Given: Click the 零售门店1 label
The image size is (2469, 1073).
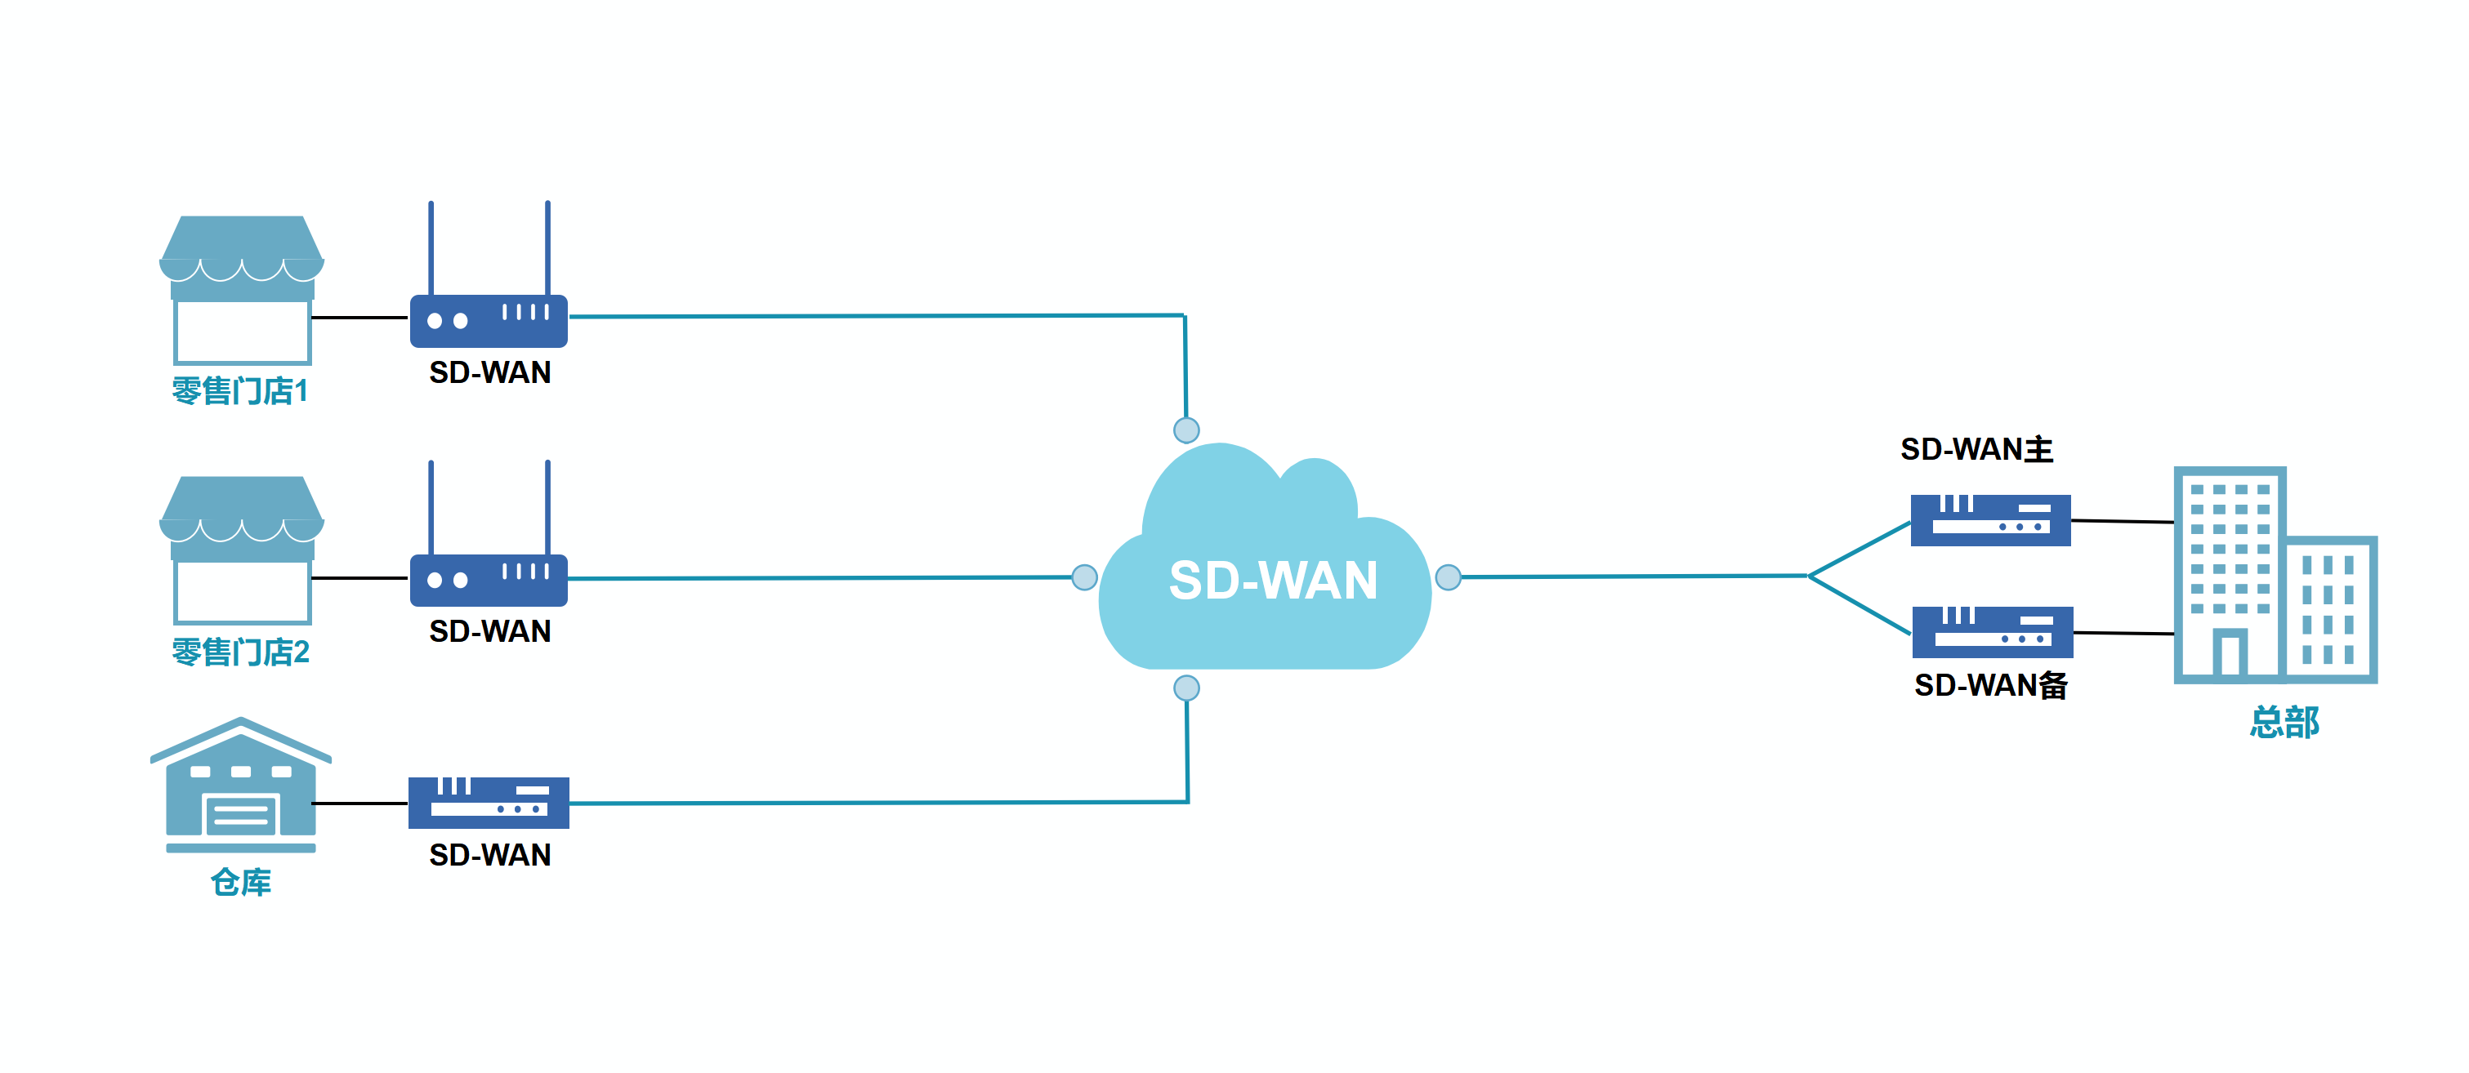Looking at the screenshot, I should click(x=239, y=391).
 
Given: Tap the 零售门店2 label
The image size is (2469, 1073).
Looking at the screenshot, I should click(x=240, y=652).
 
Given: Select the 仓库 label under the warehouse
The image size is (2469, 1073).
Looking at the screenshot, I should click(x=240, y=881).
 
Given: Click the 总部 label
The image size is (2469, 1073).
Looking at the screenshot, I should click(x=2284, y=721).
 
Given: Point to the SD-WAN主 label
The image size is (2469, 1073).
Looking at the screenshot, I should click(x=1976, y=449).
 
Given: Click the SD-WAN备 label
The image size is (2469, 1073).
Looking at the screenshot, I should click(x=1991, y=685).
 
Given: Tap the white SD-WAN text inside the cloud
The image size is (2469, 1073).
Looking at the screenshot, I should click(x=1273, y=581).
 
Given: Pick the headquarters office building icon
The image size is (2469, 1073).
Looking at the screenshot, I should click(x=2275, y=575).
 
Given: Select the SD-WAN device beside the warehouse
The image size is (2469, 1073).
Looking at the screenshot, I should click(x=489, y=803).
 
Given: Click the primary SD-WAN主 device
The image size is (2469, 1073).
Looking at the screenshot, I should click(x=1991, y=520).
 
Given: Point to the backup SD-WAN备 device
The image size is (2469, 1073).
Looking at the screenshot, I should click(x=1993, y=632).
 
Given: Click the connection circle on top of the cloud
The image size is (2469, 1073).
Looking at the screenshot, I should click(x=1186, y=430).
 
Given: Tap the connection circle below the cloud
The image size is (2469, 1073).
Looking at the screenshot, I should click(x=1186, y=688).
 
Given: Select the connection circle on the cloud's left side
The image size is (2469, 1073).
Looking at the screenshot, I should click(x=1084, y=577).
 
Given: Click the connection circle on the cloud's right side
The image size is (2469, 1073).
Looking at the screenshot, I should click(x=1449, y=577).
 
